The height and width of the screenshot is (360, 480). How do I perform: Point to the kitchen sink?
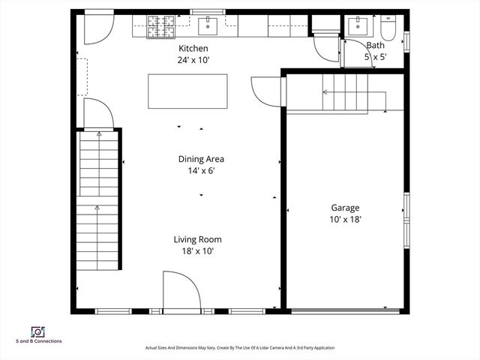click(207, 26)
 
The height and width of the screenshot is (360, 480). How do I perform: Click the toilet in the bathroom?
click(388, 28)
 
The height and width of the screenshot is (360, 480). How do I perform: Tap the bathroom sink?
click(357, 27)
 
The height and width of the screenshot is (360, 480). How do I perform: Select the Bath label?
click(375, 45)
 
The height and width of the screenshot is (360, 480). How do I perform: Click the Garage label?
click(346, 208)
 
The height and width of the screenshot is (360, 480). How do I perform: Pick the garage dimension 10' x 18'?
click(346, 219)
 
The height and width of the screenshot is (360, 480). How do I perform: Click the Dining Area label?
click(201, 159)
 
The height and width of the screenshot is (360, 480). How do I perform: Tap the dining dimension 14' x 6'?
click(201, 170)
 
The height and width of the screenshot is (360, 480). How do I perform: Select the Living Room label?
click(197, 239)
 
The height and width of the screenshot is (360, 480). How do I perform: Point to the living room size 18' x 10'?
click(197, 251)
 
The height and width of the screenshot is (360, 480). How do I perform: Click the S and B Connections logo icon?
click(36, 331)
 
